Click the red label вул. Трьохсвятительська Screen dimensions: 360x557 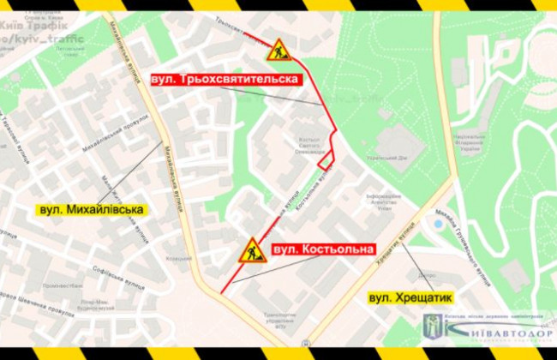(225, 79)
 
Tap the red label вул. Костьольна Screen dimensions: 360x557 (323, 249)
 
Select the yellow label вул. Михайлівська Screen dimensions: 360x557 (91, 208)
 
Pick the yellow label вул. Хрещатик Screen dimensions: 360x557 (409, 297)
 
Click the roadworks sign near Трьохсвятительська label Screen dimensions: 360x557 (279, 51)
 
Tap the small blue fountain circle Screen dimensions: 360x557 (439, 224)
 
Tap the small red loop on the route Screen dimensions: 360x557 (325, 159)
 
